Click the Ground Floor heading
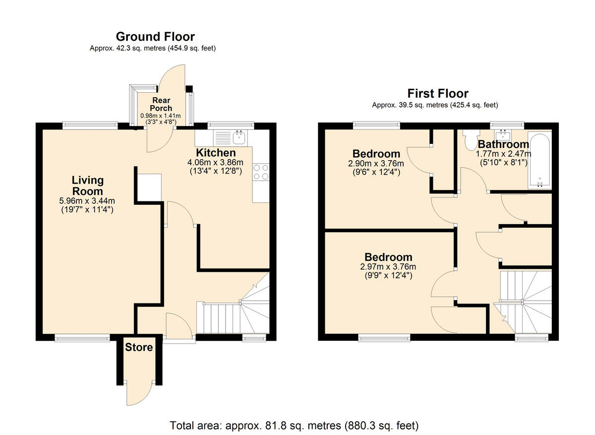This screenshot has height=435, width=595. [x=155, y=37]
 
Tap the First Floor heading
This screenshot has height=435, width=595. [x=438, y=94]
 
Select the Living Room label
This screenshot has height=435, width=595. [x=88, y=186]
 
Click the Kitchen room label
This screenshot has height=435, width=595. [x=216, y=153]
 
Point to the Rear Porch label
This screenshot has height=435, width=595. [x=161, y=104]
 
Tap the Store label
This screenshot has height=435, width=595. [x=139, y=347]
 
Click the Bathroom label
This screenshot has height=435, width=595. [x=503, y=144]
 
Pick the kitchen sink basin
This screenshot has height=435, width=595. [x=239, y=138]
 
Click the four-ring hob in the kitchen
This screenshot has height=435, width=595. [x=261, y=172]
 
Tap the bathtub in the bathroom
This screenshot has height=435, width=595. [x=540, y=160]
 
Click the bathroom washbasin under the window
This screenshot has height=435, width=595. [x=503, y=135]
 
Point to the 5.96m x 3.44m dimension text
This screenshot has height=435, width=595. [x=87, y=201]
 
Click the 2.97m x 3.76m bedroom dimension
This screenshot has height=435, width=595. [x=388, y=266]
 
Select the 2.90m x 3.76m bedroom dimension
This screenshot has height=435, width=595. [x=376, y=163]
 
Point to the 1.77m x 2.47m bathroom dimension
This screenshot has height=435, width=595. [x=503, y=154]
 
